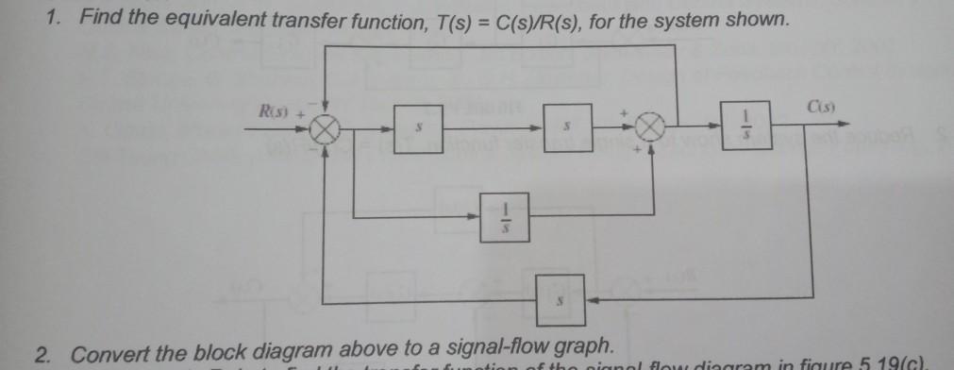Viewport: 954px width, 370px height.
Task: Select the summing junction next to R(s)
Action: (325, 129)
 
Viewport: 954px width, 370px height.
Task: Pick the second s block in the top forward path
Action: (566, 125)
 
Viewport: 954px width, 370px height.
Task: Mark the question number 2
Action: (42, 355)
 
